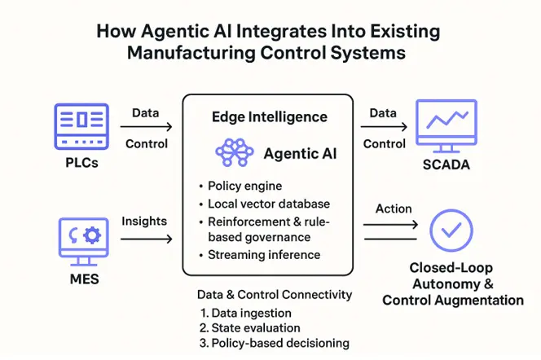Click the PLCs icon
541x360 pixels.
pos(81,125)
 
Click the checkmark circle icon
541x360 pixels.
pos(451,231)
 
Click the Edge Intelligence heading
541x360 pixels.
pos(269,116)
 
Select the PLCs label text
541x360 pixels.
pos(81,164)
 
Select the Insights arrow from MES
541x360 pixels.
pos(146,239)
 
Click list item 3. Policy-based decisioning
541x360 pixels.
pos(274,343)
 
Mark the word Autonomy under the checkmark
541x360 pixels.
pos(446,284)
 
